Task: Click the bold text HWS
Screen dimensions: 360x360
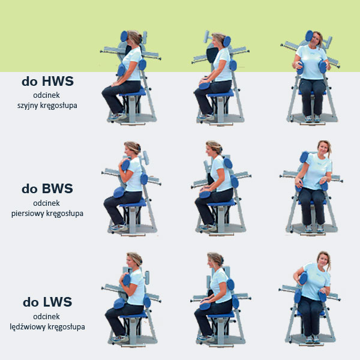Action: point(58,81)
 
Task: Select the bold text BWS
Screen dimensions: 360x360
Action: point(57,189)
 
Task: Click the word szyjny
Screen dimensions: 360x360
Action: point(28,106)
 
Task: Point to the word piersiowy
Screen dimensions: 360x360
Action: point(28,214)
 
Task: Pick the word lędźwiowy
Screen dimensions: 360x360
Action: point(27,327)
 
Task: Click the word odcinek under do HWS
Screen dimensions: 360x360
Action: point(46,95)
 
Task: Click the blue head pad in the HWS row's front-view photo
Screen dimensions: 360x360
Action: point(309,36)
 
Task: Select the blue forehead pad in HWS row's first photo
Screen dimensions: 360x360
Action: point(124,36)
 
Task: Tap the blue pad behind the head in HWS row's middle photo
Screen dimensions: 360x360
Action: point(227,41)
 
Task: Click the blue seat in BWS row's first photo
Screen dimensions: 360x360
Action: point(133,203)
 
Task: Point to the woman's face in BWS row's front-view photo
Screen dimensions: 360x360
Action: point(323,149)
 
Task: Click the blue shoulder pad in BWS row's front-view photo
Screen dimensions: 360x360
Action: point(304,157)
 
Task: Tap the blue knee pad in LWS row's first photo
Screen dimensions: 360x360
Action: point(119,304)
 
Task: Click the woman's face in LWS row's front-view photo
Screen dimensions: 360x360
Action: point(323,259)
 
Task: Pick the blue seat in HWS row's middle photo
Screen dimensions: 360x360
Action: point(220,94)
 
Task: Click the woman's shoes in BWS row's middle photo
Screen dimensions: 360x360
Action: point(208,227)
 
